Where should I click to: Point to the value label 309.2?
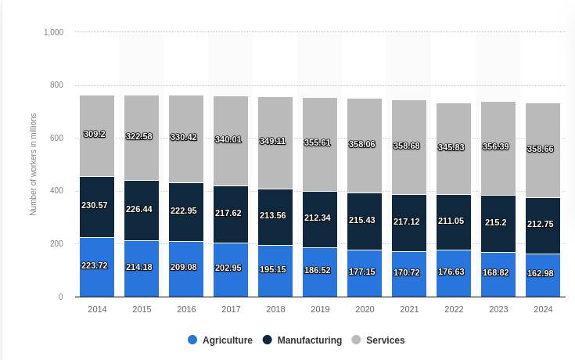(95, 134)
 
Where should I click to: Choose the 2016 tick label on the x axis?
(186, 309)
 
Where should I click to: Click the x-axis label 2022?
(454, 309)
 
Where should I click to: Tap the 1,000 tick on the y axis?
(54, 32)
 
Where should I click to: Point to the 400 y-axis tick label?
(56, 191)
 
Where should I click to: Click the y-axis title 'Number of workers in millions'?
(34, 164)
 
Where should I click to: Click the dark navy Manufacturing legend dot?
(267, 340)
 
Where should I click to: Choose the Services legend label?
(385, 340)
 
